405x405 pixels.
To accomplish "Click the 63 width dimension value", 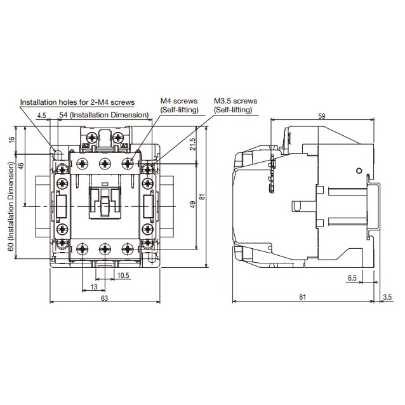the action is [104, 298].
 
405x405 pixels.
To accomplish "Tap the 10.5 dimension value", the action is [123, 276].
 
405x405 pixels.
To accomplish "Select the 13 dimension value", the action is [94, 287].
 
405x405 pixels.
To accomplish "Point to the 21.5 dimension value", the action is [193, 144].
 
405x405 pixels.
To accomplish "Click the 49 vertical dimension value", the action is [193, 204].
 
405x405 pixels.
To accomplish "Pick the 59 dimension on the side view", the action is [322, 116].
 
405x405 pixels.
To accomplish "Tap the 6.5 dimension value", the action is [352, 278].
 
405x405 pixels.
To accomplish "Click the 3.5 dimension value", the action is [387, 297].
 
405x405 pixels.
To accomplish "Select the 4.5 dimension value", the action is [42, 115].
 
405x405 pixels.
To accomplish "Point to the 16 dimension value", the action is [12, 140].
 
